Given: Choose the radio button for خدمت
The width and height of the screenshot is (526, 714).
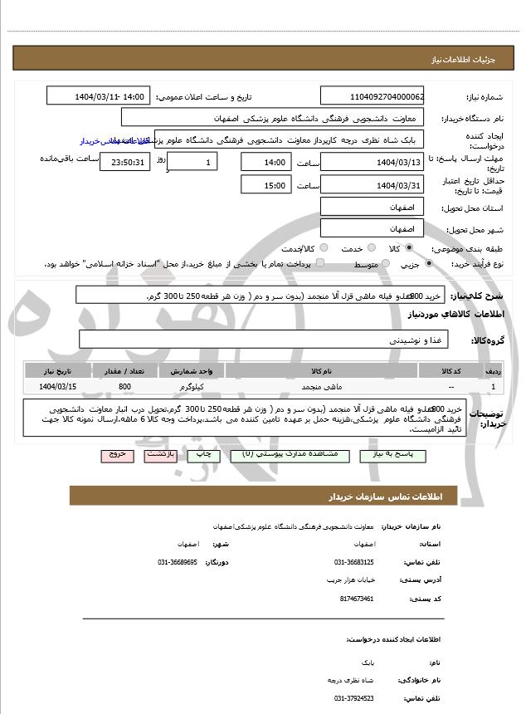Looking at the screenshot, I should [370, 248].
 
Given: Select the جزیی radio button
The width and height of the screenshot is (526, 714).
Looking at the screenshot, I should [429, 264].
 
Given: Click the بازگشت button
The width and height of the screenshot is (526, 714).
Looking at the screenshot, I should [159, 456].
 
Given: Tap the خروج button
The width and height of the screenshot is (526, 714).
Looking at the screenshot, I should [114, 456].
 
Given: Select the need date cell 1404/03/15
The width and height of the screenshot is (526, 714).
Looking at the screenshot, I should [57, 387].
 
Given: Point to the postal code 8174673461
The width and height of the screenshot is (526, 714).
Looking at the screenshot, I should [357, 599].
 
